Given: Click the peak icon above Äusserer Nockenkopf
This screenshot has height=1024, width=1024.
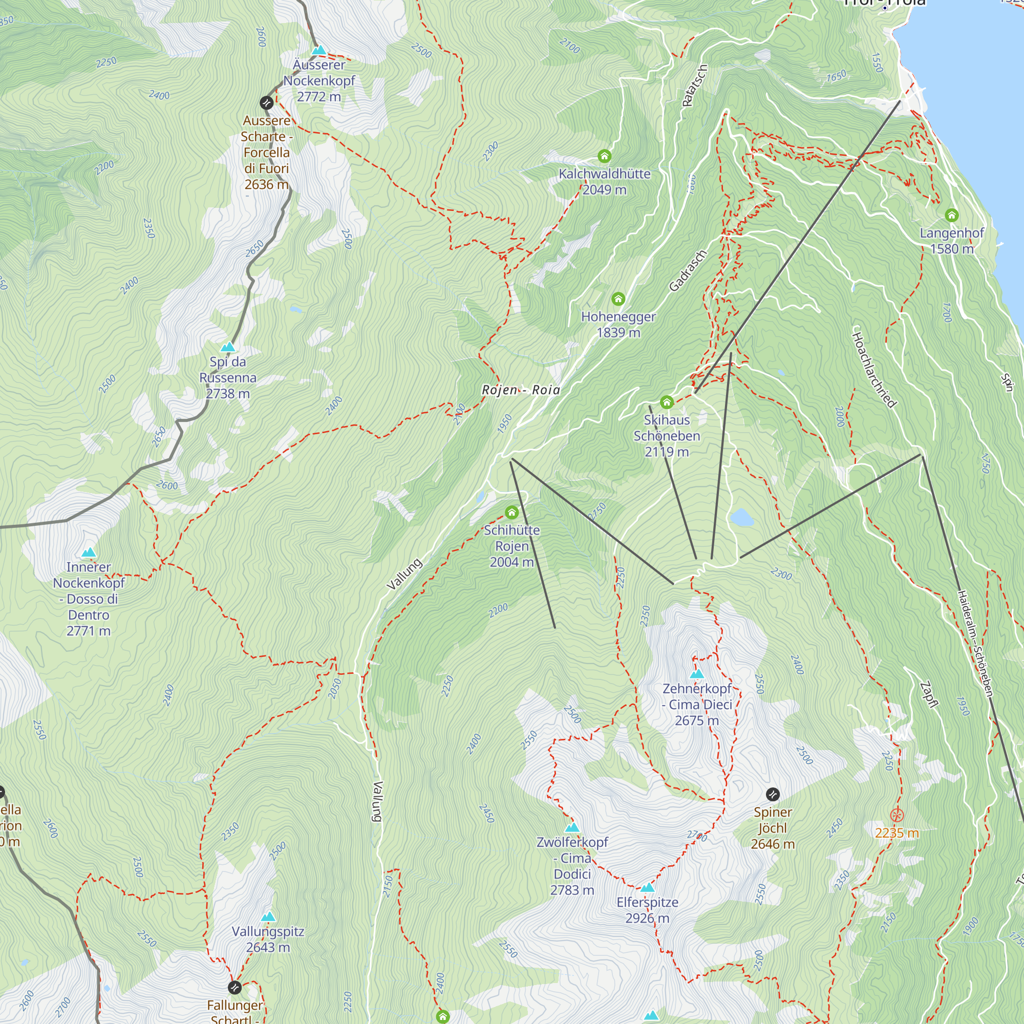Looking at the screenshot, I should (318, 50).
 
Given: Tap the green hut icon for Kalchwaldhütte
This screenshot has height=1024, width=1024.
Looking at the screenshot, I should (604, 156).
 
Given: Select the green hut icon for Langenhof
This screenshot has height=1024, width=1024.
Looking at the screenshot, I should (952, 215).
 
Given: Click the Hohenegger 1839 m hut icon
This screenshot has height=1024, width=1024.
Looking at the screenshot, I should (618, 299).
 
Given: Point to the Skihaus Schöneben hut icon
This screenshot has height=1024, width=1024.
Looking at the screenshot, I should (667, 402).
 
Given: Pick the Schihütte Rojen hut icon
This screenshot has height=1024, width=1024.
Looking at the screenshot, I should (511, 513).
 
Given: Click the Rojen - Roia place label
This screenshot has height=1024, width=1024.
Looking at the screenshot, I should (521, 390).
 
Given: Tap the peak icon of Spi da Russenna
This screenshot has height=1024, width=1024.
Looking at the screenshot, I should (228, 347).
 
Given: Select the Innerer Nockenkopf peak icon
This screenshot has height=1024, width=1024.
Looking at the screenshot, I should (89, 553).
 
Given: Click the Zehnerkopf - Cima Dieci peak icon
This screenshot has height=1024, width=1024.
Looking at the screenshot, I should (696, 674).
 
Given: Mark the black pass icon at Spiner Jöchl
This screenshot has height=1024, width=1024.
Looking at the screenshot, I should (773, 795).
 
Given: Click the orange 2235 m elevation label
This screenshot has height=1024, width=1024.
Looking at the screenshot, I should (897, 833).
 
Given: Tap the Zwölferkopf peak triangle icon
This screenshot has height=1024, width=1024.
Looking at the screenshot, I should (572, 828).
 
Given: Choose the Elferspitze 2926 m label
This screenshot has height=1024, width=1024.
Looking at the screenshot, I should (647, 910).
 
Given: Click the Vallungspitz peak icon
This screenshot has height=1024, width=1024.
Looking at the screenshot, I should (268, 917).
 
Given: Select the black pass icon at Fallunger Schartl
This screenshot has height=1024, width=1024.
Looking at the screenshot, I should (234, 988).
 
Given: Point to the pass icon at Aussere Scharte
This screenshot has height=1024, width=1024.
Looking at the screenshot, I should (267, 103).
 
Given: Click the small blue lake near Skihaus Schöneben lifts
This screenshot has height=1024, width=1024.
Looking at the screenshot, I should (741, 517).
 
